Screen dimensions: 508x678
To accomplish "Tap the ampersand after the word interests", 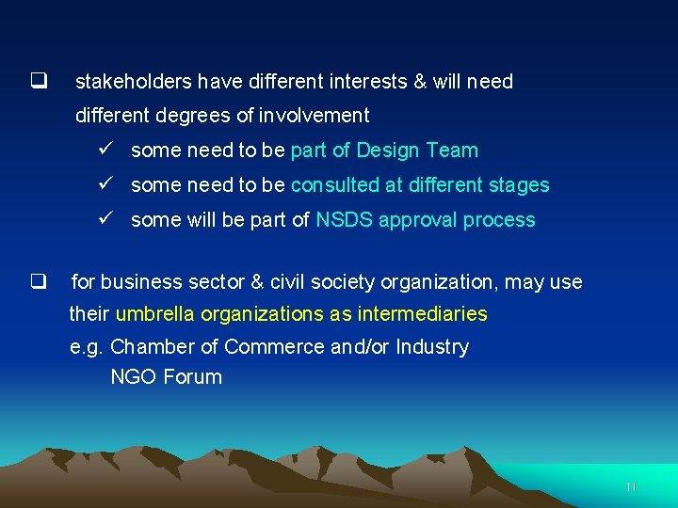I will pos(420,82).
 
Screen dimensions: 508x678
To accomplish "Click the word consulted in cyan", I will pos(334,185).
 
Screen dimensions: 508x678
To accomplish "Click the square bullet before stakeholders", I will pos(39,81).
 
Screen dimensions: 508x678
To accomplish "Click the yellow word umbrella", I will pos(153,313).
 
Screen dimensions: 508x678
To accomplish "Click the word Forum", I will pos(193,377).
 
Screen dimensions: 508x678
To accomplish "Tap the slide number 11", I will pos(630,487).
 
